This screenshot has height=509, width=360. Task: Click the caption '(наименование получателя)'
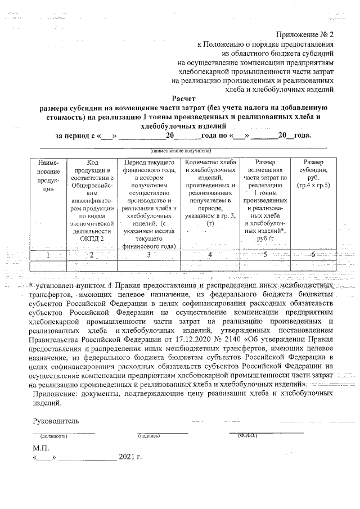click(x=180, y=151)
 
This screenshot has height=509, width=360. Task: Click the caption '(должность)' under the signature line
click(x=53, y=436)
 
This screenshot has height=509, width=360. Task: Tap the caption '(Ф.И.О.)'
click(x=247, y=435)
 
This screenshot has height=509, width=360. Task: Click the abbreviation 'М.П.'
click(x=41, y=448)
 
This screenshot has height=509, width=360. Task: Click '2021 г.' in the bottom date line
click(x=130, y=457)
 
